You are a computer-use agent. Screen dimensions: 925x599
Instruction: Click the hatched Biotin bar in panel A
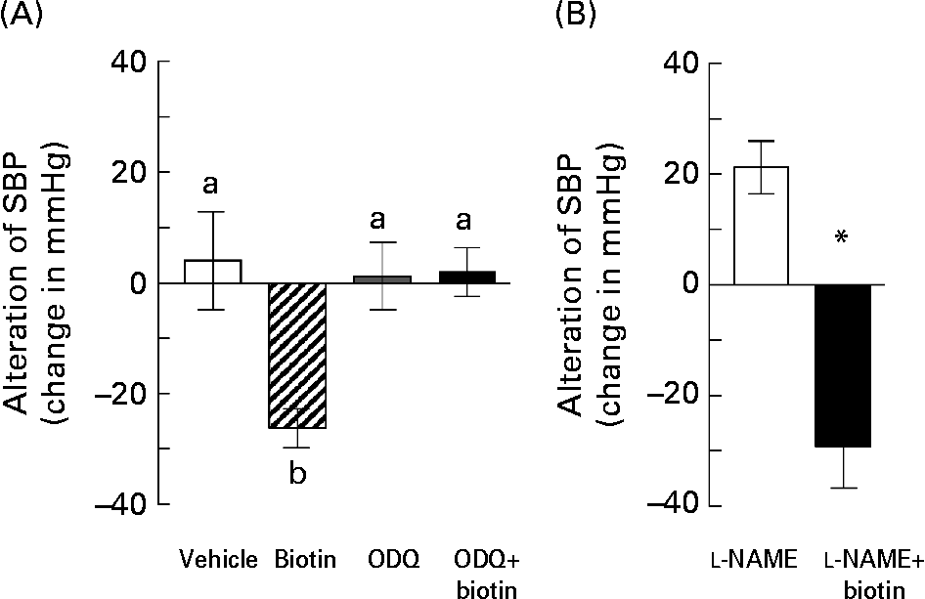pos(297,356)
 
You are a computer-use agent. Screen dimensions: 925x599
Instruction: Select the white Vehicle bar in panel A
pos(213,272)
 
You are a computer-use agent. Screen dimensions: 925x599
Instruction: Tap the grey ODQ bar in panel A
pos(382,279)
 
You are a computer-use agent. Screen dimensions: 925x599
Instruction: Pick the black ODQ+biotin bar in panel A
pos(466,278)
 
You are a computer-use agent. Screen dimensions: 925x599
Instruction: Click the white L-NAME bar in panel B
pos(761,225)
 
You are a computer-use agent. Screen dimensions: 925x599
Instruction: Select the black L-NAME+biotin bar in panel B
pos(843,365)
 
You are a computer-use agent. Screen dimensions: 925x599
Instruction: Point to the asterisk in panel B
pos(842,237)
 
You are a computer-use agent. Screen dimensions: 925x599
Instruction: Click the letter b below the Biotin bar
pos(298,473)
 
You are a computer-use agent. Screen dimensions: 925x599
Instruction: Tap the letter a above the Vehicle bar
pos(210,185)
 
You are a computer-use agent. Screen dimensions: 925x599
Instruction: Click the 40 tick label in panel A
pos(128,62)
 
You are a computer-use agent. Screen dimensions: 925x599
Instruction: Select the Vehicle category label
pos(219,559)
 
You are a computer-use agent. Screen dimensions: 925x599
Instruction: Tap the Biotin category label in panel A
pos(306,559)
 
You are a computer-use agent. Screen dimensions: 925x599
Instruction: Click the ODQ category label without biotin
pos(393,559)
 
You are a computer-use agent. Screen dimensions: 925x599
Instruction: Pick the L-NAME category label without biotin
pos(753,559)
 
